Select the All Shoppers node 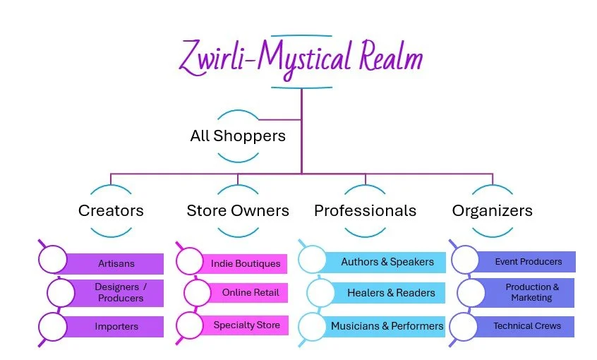(238, 136)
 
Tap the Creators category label (111, 210)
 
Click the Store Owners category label (238, 210)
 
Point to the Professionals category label (365, 210)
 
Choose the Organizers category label (492, 210)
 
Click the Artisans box (114, 264)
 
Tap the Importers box (116, 327)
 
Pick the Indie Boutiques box (245, 264)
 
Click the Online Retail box (250, 293)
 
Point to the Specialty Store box (246, 325)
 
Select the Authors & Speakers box (387, 262)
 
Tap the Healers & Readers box (390, 293)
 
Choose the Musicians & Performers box (387, 326)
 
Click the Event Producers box (528, 262)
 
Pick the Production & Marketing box (532, 292)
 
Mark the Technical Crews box (527, 326)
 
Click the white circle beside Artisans (52, 260)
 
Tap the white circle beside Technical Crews (464, 326)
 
